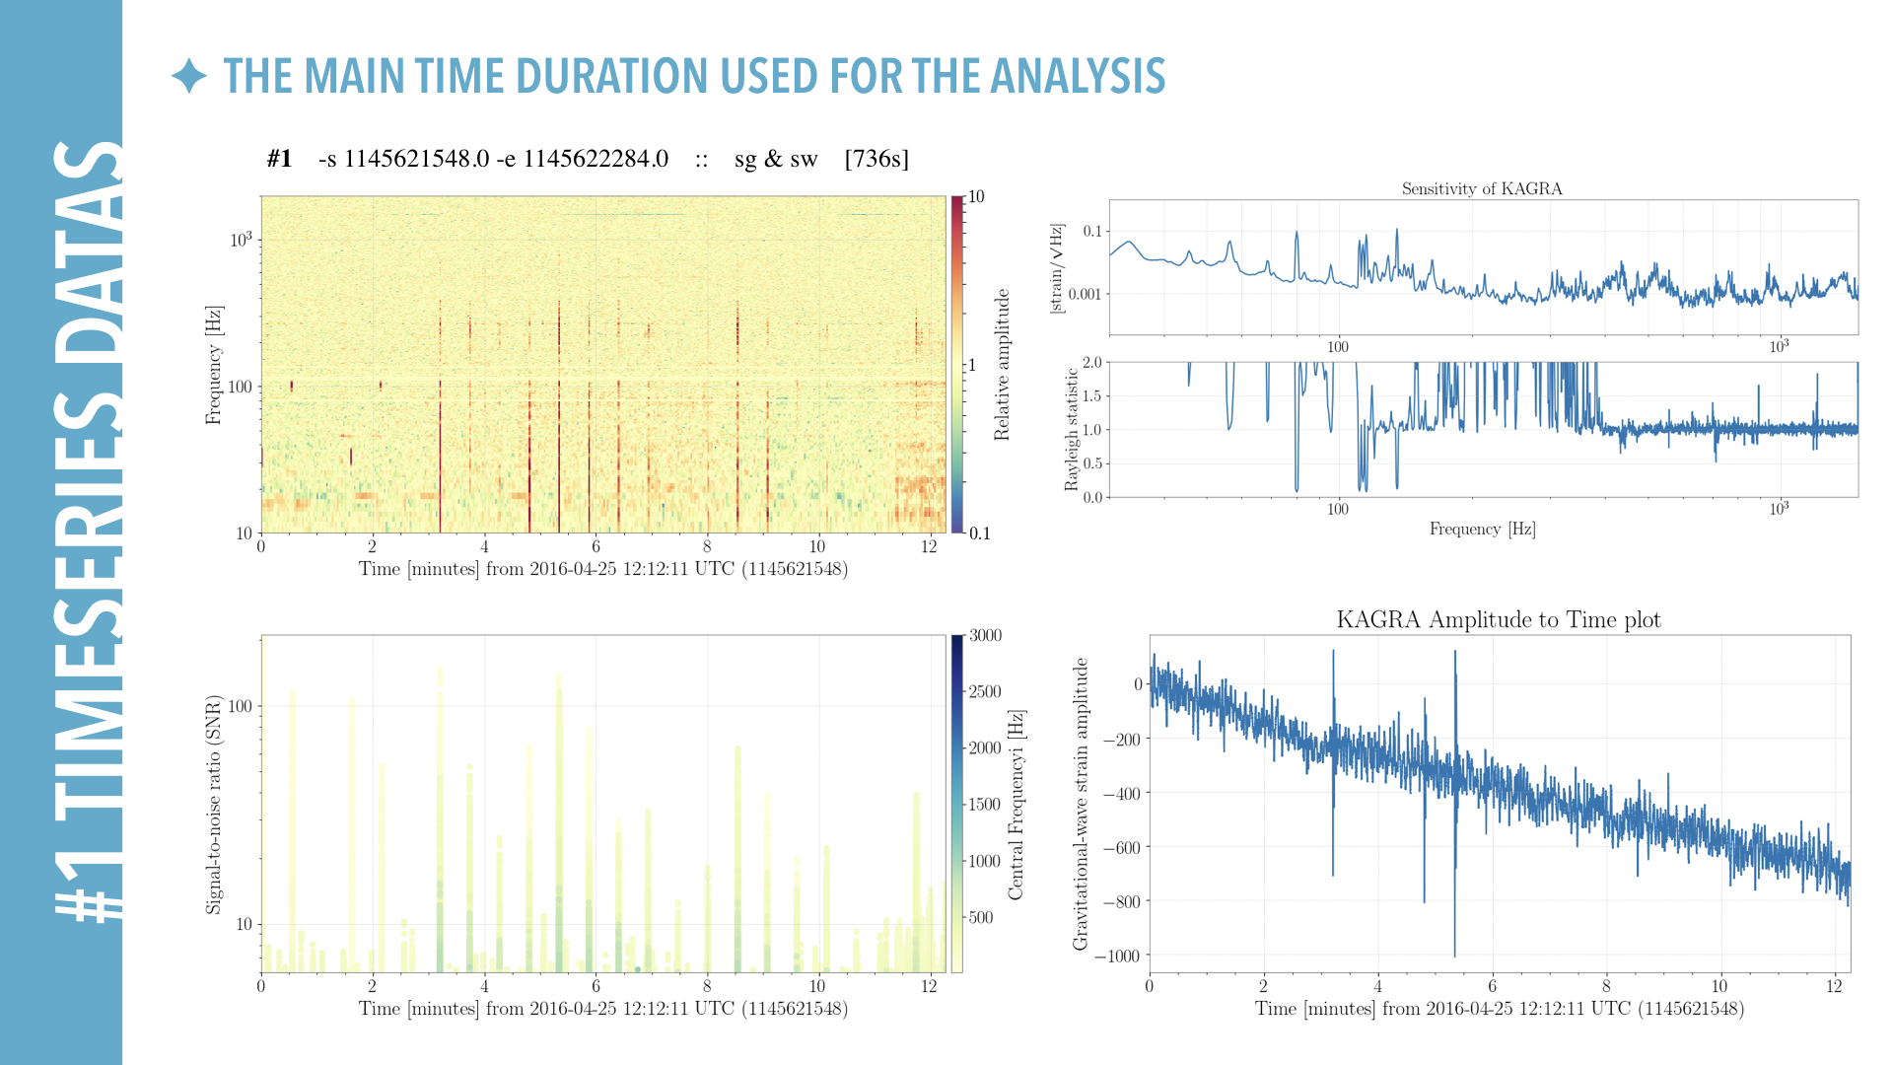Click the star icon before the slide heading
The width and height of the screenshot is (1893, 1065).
[188, 76]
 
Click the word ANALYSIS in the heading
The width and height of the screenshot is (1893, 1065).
[1078, 76]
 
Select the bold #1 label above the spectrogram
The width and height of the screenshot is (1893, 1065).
[279, 159]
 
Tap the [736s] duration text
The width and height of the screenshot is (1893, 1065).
[876, 159]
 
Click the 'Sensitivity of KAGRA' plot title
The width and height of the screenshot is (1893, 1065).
[1482, 188]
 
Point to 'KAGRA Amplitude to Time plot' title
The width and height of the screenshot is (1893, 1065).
[1498, 619]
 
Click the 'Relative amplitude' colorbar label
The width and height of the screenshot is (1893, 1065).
[1002, 365]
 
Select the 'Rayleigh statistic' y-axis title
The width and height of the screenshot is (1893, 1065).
[1072, 430]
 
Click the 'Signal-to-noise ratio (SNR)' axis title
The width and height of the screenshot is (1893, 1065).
[213, 805]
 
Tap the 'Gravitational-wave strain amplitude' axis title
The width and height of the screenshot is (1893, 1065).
[1081, 804]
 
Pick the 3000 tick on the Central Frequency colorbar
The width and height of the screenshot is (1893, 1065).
[985, 635]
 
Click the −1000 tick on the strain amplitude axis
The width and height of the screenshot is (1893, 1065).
[1117, 956]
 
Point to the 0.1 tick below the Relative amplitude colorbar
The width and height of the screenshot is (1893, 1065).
[980, 533]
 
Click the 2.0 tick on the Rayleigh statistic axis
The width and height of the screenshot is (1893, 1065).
[1092, 362]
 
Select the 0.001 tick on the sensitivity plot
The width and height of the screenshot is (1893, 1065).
[1084, 294]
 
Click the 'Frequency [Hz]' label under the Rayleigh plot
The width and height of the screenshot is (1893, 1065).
[1482, 530]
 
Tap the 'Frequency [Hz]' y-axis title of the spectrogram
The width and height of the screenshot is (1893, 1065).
[213, 365]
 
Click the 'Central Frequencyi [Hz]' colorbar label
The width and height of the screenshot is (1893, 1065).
[1017, 804]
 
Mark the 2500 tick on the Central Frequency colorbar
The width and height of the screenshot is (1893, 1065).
[985, 691]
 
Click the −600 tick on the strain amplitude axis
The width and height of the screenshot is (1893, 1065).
[1121, 847]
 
